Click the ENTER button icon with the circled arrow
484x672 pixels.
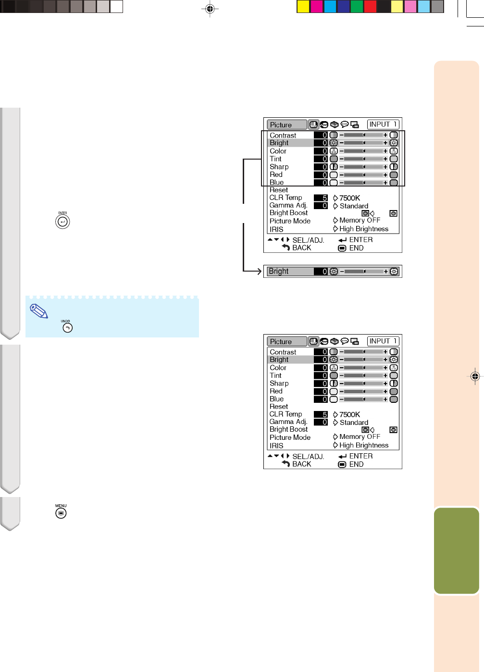(x=62, y=222)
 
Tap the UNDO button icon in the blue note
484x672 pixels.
(x=67, y=328)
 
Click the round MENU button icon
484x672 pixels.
(x=61, y=513)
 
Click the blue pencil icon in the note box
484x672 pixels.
(x=39, y=311)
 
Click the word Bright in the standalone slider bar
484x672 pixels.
(x=278, y=271)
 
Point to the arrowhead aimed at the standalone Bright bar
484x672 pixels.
(x=259, y=271)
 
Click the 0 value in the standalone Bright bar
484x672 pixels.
(x=324, y=272)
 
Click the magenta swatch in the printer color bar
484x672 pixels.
(x=317, y=6)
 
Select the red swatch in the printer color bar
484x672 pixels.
(x=371, y=6)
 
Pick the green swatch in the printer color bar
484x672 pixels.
(x=357, y=6)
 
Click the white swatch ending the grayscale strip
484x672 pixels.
(x=116, y=6)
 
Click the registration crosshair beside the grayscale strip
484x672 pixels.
(x=210, y=9)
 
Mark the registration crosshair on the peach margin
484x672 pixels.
(x=475, y=376)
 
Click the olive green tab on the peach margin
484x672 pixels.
(x=457, y=550)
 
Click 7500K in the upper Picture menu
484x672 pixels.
(x=349, y=198)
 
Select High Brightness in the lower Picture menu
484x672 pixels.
(x=364, y=445)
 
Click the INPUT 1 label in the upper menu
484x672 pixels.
(x=383, y=124)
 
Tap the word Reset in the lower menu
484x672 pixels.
(x=279, y=407)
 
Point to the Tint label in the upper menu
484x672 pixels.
(x=275, y=159)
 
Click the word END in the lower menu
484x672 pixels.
(x=356, y=464)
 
